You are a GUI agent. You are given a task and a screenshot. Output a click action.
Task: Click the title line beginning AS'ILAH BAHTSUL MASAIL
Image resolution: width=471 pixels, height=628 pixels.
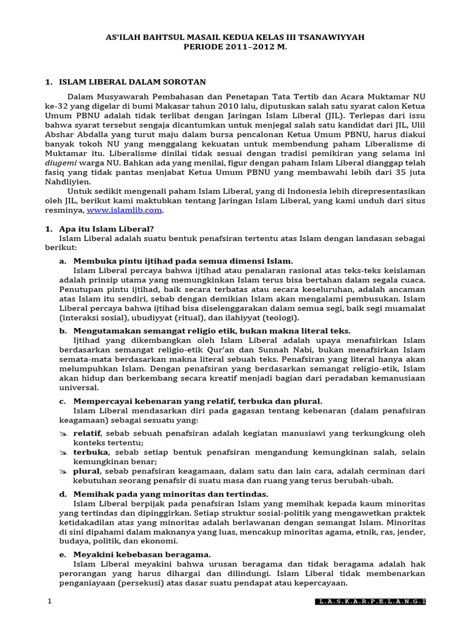pos(235,37)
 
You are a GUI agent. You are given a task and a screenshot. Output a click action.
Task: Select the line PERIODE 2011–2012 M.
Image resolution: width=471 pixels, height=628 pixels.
pos(235,47)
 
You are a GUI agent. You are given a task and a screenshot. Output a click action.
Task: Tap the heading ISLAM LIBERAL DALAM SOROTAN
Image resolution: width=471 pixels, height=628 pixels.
pos(132,82)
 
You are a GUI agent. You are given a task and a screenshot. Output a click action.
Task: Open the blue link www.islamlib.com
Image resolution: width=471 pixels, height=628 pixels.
pos(124,210)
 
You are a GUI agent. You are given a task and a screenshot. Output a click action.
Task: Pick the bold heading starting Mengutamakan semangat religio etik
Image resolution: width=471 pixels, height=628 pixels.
pos(212,331)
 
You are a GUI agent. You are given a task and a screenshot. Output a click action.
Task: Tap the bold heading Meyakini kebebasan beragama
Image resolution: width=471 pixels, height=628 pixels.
pos(142,554)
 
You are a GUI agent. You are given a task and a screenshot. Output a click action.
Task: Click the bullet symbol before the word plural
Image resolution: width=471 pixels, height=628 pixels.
pos(63,471)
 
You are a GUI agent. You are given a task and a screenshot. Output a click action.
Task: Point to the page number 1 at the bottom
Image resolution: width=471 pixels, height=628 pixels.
pos(49,602)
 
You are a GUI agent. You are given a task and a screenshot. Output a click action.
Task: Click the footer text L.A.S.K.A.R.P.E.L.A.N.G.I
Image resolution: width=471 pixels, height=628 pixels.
pos(371,602)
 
